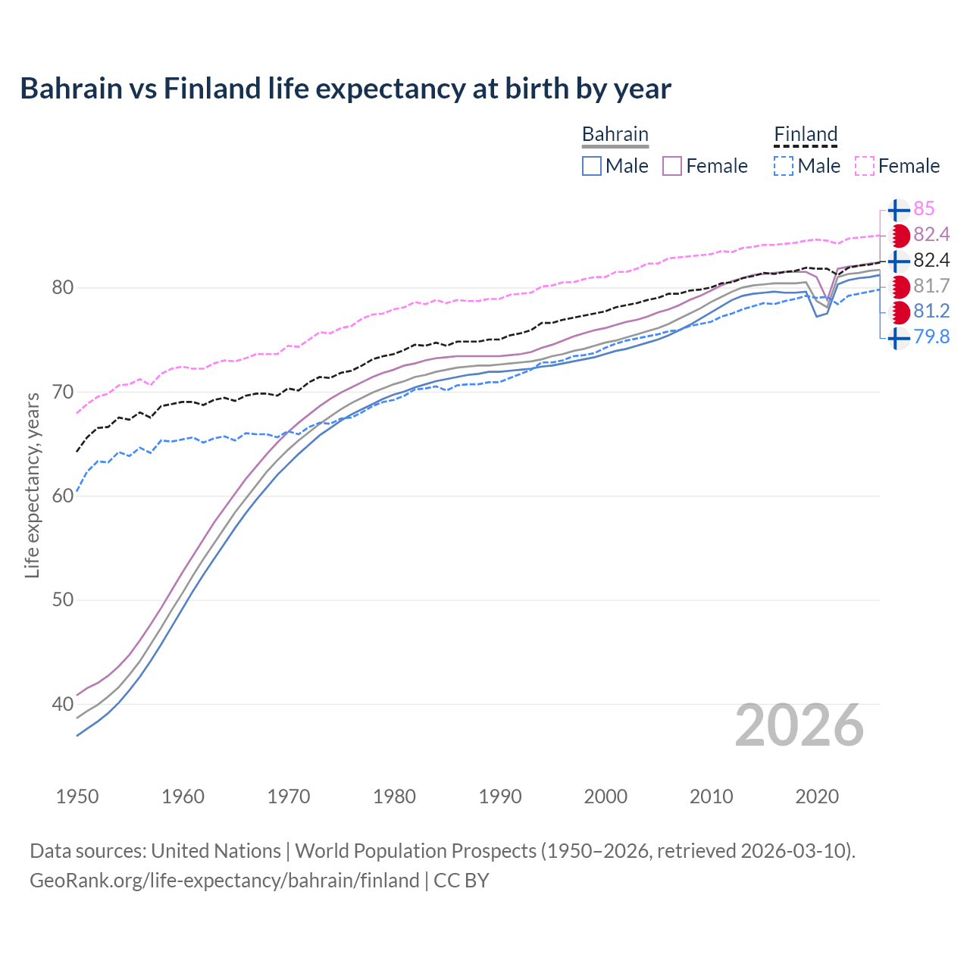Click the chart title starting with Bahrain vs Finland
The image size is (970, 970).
coord(346,89)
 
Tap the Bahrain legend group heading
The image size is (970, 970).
coord(615,135)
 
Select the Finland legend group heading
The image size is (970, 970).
coord(806,135)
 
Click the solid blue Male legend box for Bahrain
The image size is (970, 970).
coord(592,166)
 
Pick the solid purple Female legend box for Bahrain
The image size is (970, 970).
coord(672,166)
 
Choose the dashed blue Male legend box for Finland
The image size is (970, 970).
coord(784,166)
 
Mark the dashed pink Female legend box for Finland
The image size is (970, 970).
coord(865,166)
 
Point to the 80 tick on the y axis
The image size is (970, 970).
coord(62,287)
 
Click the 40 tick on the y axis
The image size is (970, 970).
coord(62,704)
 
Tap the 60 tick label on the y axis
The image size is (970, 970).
coord(62,496)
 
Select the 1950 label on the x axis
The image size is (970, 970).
coord(77,796)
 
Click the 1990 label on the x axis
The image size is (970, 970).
coord(500,796)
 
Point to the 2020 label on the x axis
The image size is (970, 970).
coord(817,796)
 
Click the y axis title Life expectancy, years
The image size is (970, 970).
coord(33,485)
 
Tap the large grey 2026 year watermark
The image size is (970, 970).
coord(799,725)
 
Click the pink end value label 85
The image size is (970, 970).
coord(924,209)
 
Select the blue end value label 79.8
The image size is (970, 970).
coord(931,337)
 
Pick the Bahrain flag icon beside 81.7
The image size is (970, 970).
coord(899,286)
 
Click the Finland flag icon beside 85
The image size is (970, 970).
coord(899,210)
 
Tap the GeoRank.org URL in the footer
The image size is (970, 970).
coord(224,881)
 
